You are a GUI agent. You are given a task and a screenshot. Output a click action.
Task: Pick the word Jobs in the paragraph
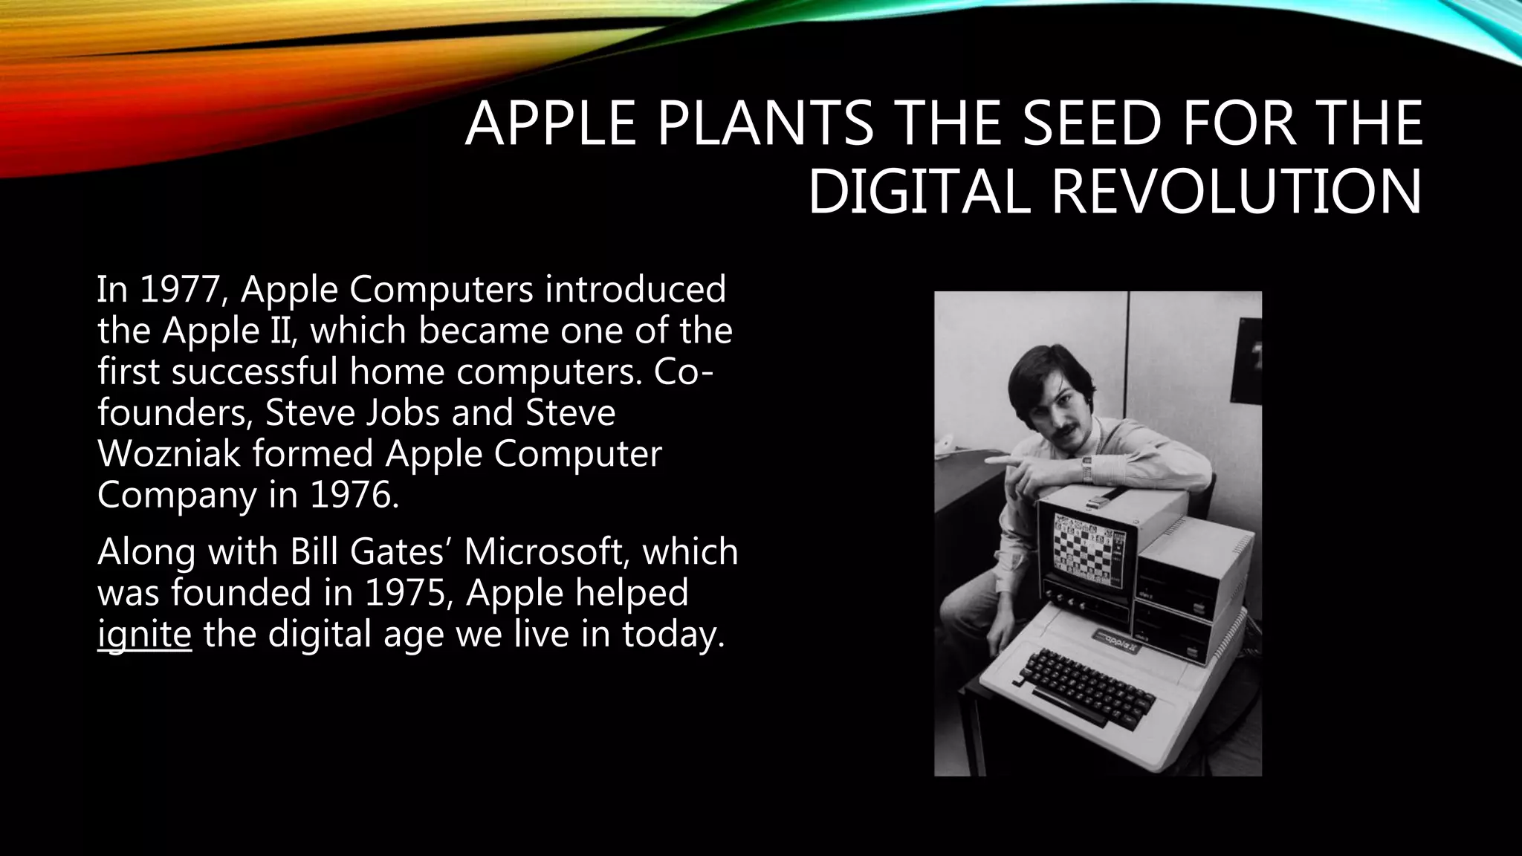tap(402, 412)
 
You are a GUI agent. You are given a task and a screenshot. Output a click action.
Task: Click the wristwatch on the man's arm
tap(1087, 469)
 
